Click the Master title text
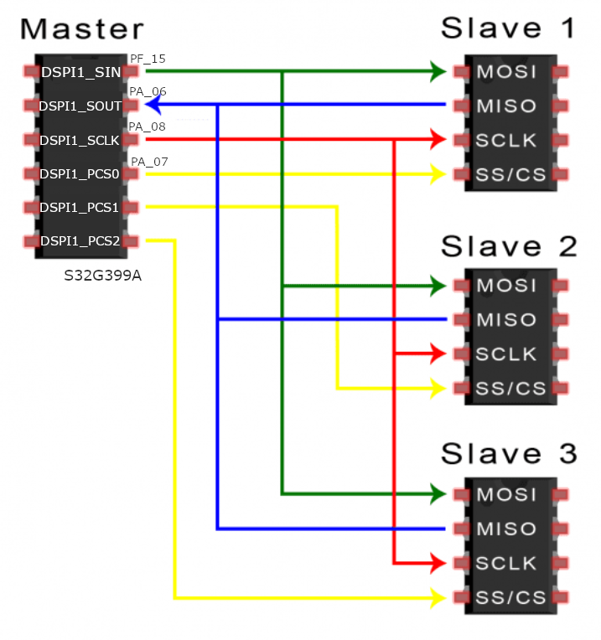click(82, 28)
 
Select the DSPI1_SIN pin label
click(81, 73)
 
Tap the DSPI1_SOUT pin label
click(80, 106)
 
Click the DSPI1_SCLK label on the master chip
click(80, 140)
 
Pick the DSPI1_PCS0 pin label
click(80, 174)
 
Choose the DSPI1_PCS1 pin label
click(80, 207)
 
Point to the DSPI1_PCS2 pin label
click(80, 241)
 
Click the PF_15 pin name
click(148, 58)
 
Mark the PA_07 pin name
click(148, 160)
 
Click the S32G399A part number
click(102, 275)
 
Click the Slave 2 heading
click(509, 246)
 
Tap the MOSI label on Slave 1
click(506, 72)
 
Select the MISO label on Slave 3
click(506, 529)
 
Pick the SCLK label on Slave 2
click(506, 354)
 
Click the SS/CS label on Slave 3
click(510, 598)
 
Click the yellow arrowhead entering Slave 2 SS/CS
click(437, 388)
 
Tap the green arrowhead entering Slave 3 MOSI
click(437, 493)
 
